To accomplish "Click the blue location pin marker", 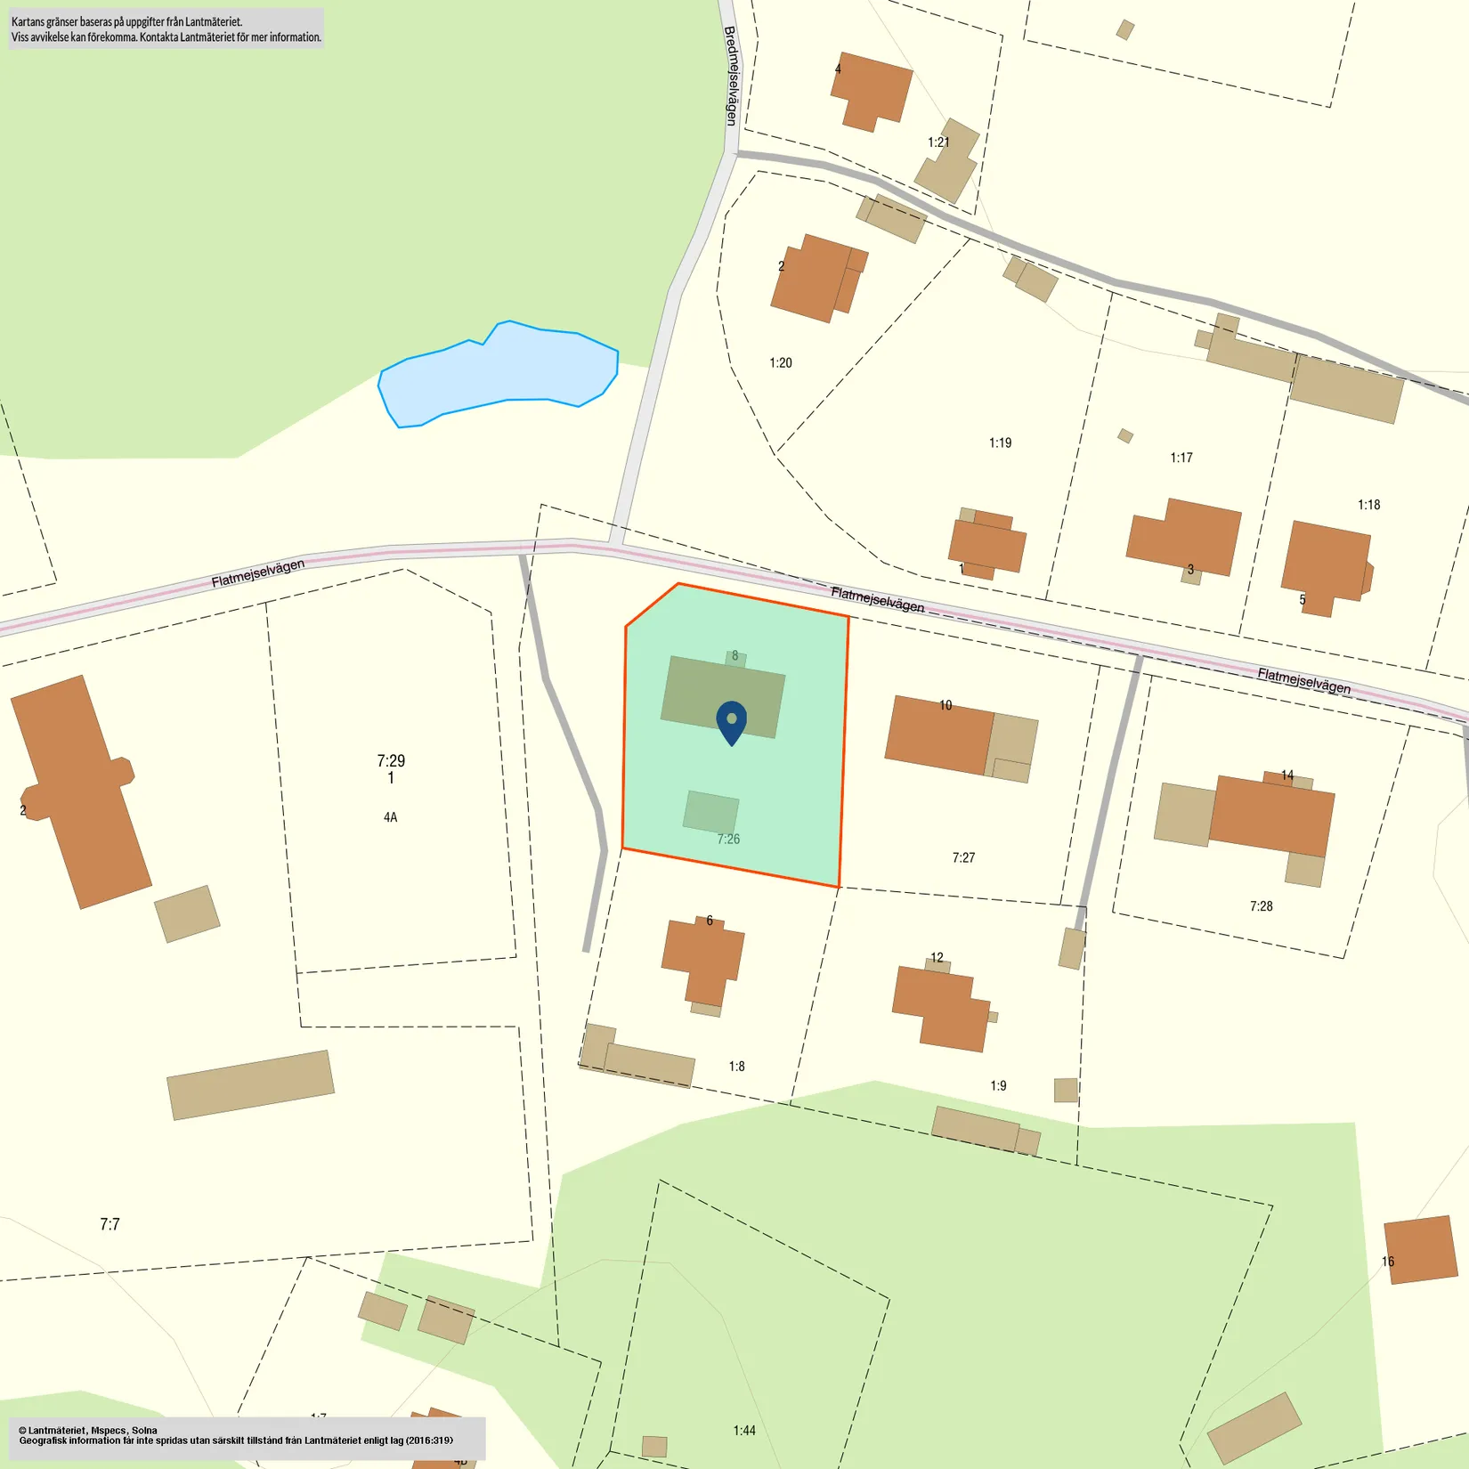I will click(731, 720).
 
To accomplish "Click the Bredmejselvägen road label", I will click(731, 76).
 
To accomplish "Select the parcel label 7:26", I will click(728, 839).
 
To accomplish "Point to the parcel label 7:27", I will click(963, 857).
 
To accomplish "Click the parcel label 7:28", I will click(1261, 906).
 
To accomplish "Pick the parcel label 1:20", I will click(780, 362).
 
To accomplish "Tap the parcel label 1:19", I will click(1000, 442).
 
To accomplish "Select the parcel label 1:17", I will click(1181, 458).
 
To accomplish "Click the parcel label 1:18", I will click(1368, 505).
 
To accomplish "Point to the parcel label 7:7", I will click(110, 1224).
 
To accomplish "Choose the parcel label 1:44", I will click(744, 1431).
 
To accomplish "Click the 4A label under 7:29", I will click(390, 817).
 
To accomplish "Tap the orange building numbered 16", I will click(1420, 1250).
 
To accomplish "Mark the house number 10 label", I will click(946, 705).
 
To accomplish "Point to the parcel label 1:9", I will click(998, 1085).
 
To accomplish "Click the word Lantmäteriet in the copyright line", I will click(56, 1431).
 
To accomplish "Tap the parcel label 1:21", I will click(938, 142).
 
